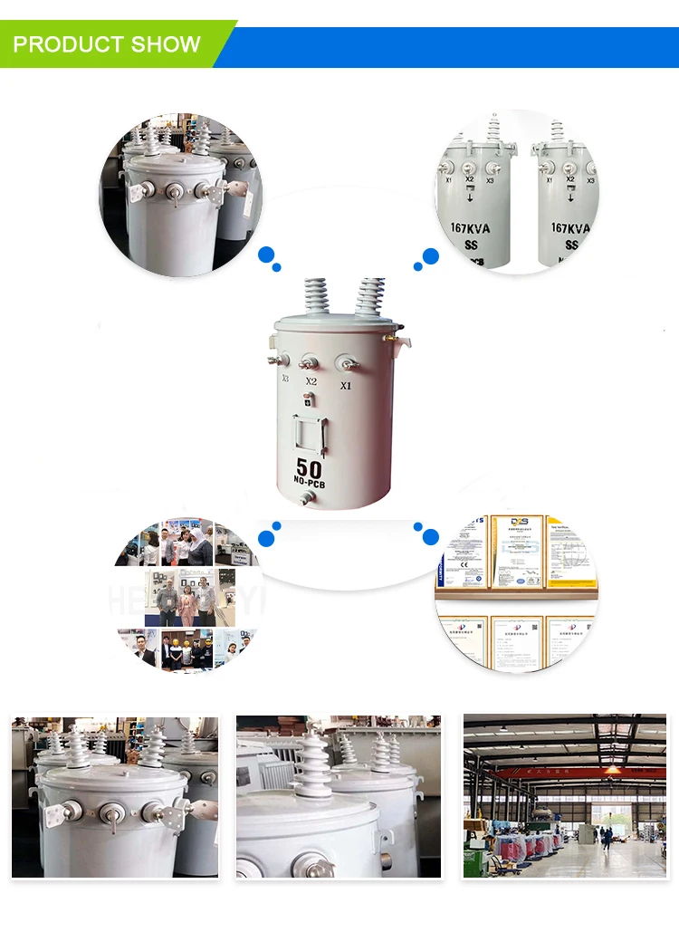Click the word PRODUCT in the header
(x=66, y=44)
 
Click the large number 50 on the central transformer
(x=309, y=468)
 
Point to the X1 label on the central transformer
(x=345, y=385)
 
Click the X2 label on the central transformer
(x=311, y=381)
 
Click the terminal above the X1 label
(x=345, y=364)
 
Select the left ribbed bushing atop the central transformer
(x=316, y=295)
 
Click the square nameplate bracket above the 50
(x=309, y=434)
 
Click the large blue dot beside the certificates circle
(x=431, y=537)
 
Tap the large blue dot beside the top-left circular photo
(x=266, y=255)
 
